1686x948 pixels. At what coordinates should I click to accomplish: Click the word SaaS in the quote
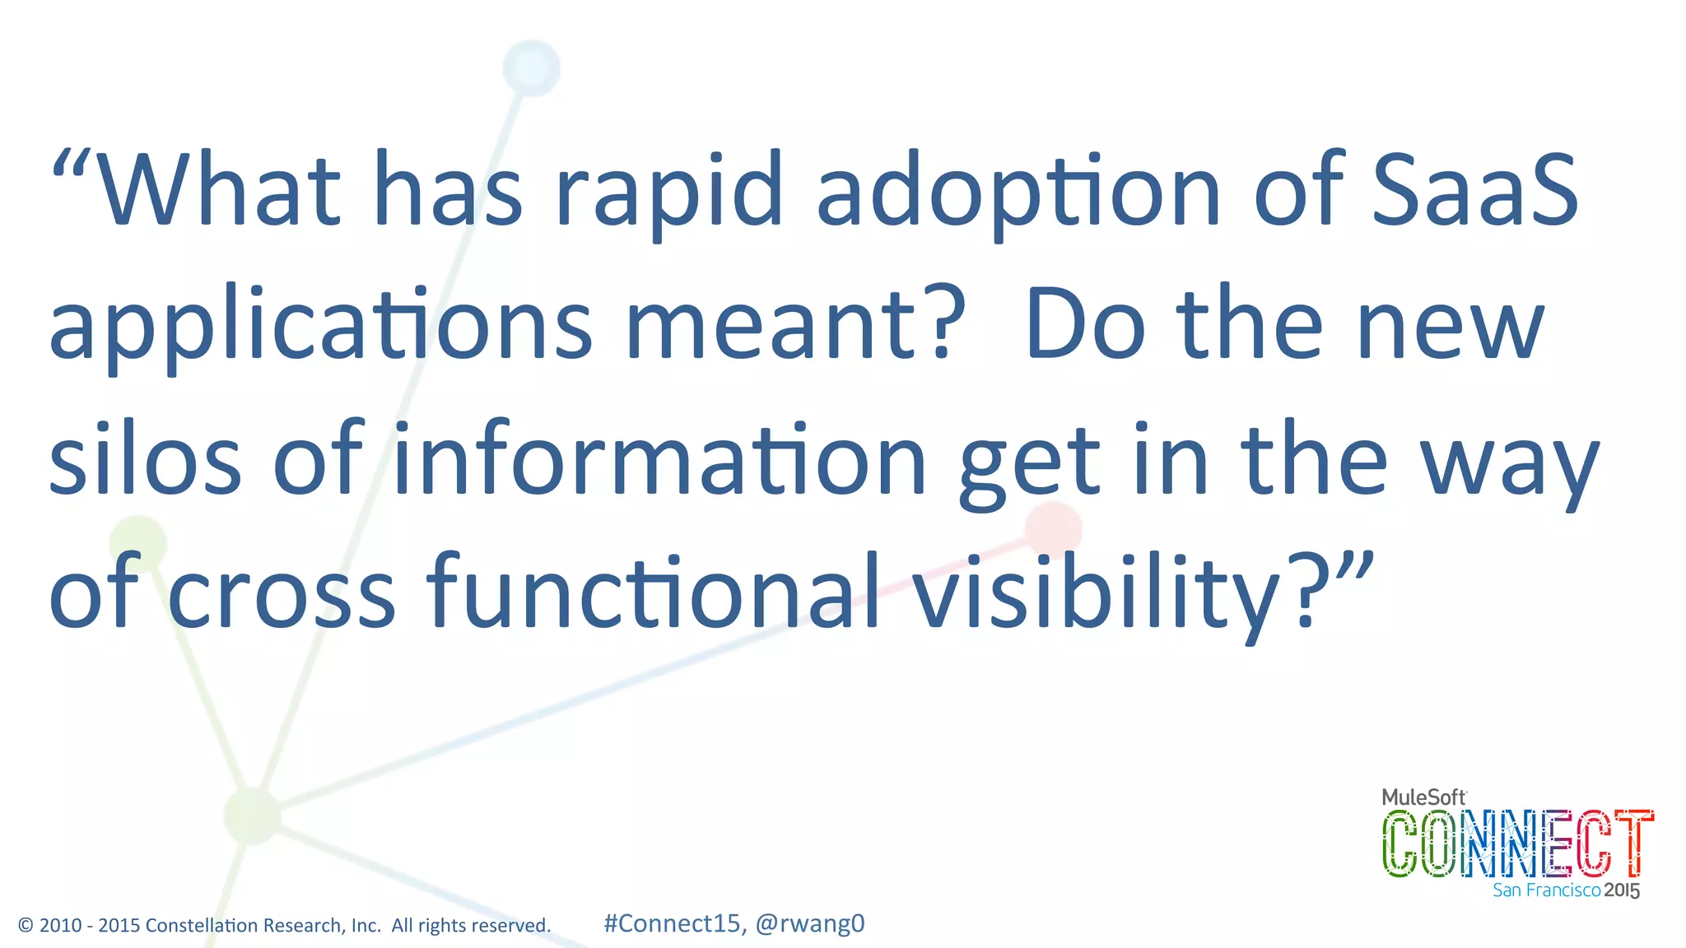(x=1475, y=191)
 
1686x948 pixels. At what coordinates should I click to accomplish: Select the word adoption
(x=1018, y=194)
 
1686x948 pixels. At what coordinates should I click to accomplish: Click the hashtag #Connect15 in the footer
(x=672, y=923)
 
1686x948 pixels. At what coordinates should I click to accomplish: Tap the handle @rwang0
(x=810, y=923)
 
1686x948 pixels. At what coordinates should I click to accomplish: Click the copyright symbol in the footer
(x=26, y=926)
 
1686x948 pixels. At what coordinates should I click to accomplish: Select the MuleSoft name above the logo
(x=1423, y=797)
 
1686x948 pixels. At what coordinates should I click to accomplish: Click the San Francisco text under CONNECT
(x=1546, y=890)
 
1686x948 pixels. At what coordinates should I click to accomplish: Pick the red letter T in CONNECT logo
(x=1633, y=843)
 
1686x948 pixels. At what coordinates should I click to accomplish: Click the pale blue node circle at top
(x=531, y=68)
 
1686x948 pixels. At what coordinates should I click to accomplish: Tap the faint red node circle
(x=1053, y=529)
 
